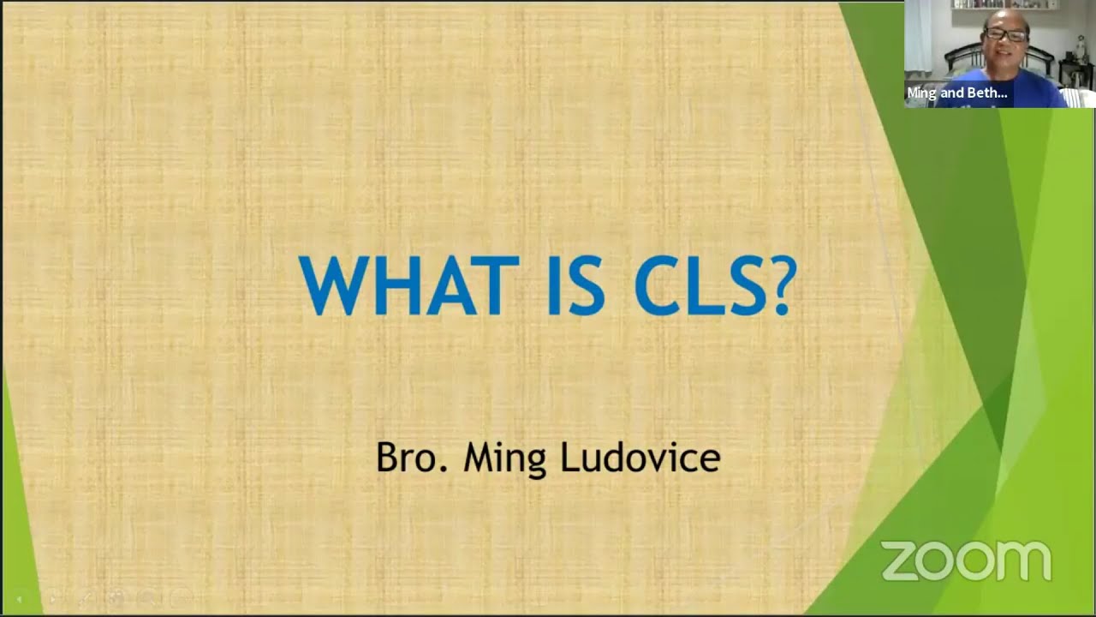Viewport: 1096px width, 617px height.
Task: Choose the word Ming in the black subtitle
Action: [x=504, y=458]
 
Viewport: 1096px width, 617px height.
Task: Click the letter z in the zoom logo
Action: [x=899, y=562]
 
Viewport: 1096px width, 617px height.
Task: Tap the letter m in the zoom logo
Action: [x=1024, y=562]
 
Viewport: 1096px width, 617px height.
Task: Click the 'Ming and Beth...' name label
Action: [x=956, y=93]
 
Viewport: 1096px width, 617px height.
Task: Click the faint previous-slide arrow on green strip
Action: [x=19, y=599]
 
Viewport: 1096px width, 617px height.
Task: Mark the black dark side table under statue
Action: [x=1075, y=72]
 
